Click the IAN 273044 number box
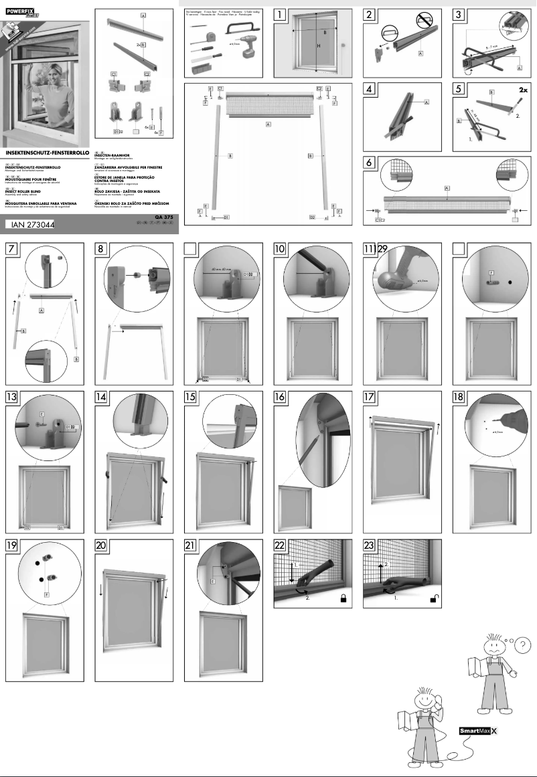(x=29, y=226)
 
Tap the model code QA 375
(x=165, y=218)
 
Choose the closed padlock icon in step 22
(x=344, y=600)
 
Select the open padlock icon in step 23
(x=434, y=600)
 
